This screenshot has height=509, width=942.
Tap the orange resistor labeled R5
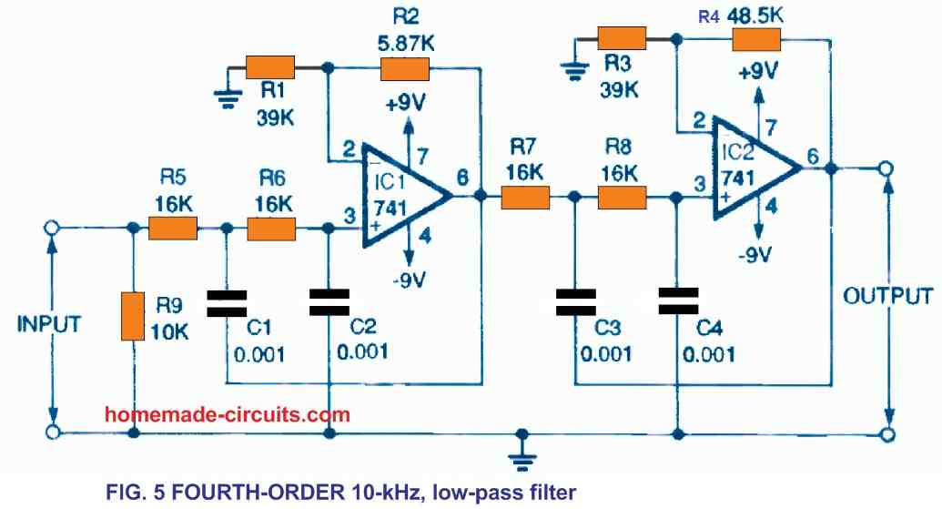coord(173,227)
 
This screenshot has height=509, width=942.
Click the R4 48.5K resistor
coord(756,39)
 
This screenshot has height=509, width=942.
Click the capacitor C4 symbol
coord(677,300)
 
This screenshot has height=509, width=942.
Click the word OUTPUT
coord(886,297)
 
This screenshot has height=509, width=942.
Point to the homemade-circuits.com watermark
coord(228,414)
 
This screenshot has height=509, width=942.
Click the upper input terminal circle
coord(54,227)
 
